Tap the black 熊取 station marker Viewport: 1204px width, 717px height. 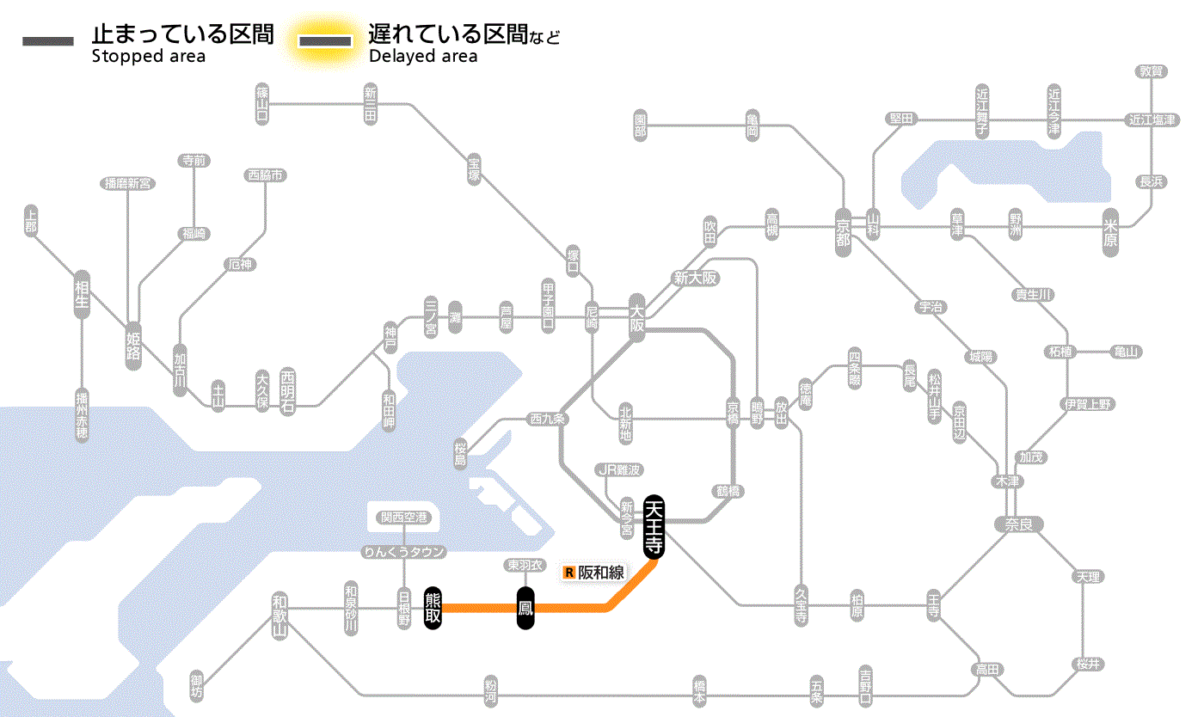coord(433,608)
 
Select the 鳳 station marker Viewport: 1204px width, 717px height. coord(526,608)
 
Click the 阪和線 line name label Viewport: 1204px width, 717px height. coord(601,572)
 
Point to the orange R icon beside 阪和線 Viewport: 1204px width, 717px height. coord(568,572)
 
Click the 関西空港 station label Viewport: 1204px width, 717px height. coord(410,518)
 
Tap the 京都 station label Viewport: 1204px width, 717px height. coord(843,228)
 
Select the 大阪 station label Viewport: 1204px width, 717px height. coord(636,318)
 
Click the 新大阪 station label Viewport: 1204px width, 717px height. coord(696,279)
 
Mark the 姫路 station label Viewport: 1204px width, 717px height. coord(133,346)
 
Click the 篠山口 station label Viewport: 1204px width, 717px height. coord(262,103)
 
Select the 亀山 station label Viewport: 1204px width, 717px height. coord(1126,352)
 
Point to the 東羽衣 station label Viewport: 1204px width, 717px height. coord(525,565)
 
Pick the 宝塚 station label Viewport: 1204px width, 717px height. coord(474,169)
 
